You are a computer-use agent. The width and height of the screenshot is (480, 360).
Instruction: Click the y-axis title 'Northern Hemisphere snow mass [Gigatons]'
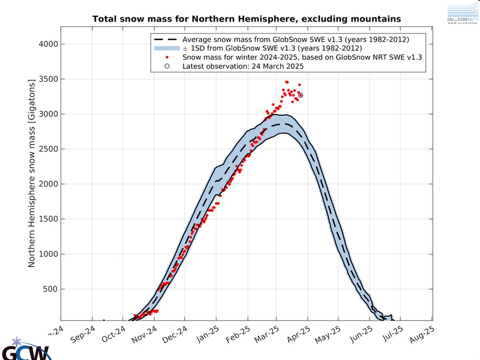click(32, 174)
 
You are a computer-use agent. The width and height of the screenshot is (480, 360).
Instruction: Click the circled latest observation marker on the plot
click(301, 95)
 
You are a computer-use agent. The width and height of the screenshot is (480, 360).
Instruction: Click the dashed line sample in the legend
click(166, 40)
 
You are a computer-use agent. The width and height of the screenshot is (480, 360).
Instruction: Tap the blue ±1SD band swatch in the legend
click(166, 49)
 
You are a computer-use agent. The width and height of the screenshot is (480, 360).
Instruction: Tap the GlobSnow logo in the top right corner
click(462, 13)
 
